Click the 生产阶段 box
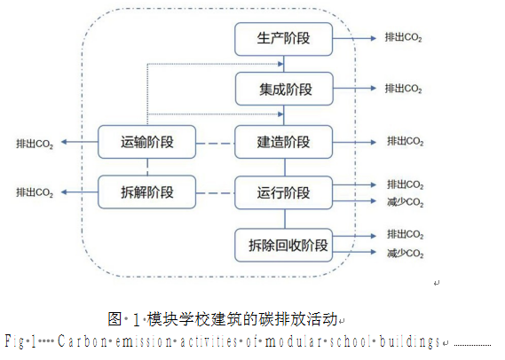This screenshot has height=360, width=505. coord(283,39)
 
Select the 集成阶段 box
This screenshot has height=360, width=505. coord(284,89)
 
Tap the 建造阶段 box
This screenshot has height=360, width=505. coord(283,142)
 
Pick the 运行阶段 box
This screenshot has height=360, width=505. coord(283,192)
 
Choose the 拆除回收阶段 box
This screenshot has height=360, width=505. coord(283,245)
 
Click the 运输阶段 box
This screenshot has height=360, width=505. coord(146,142)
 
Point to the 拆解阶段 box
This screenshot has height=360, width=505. coord(146,192)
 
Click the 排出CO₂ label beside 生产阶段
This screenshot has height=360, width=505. coord(403,37)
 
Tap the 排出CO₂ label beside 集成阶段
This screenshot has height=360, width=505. coord(403,89)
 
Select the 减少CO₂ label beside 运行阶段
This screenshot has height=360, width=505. coord(406,202)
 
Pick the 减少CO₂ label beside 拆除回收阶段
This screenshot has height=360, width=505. coord(406,254)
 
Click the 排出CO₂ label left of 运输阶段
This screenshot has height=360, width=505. coord(35,144)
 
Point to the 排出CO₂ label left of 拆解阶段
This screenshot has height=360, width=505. coord(35,192)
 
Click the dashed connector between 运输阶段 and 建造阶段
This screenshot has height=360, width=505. coord(215,144)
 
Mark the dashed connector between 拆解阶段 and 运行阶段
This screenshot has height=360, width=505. coord(215,193)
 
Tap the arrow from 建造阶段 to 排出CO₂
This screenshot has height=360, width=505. coord(354,142)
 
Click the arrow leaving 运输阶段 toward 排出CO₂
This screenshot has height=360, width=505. coord(80,142)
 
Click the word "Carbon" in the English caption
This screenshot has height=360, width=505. coord(83,341)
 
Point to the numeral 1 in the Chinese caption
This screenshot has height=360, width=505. coord(136,320)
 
